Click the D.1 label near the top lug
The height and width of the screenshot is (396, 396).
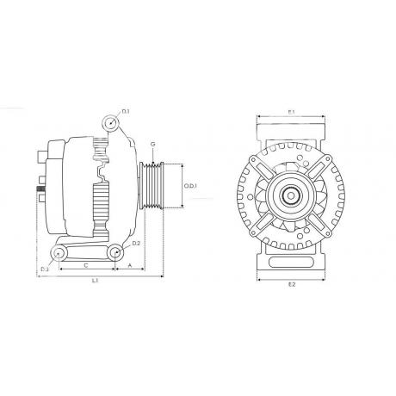[x=126, y=112]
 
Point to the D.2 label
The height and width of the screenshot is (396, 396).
[x=135, y=244]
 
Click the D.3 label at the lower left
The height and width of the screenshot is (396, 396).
[x=45, y=270]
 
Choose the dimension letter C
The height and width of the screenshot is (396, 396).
[x=84, y=266]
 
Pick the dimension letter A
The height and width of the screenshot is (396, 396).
[x=128, y=266]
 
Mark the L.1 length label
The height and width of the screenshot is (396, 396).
[x=95, y=281]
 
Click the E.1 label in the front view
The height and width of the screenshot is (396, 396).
[x=291, y=112]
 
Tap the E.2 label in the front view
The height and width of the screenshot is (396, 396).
[x=291, y=282]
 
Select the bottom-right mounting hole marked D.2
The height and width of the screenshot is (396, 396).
[x=114, y=251]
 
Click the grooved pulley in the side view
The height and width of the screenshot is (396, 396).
[x=155, y=186]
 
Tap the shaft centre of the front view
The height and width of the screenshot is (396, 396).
[x=291, y=196]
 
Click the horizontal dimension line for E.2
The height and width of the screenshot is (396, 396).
[x=291, y=276]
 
